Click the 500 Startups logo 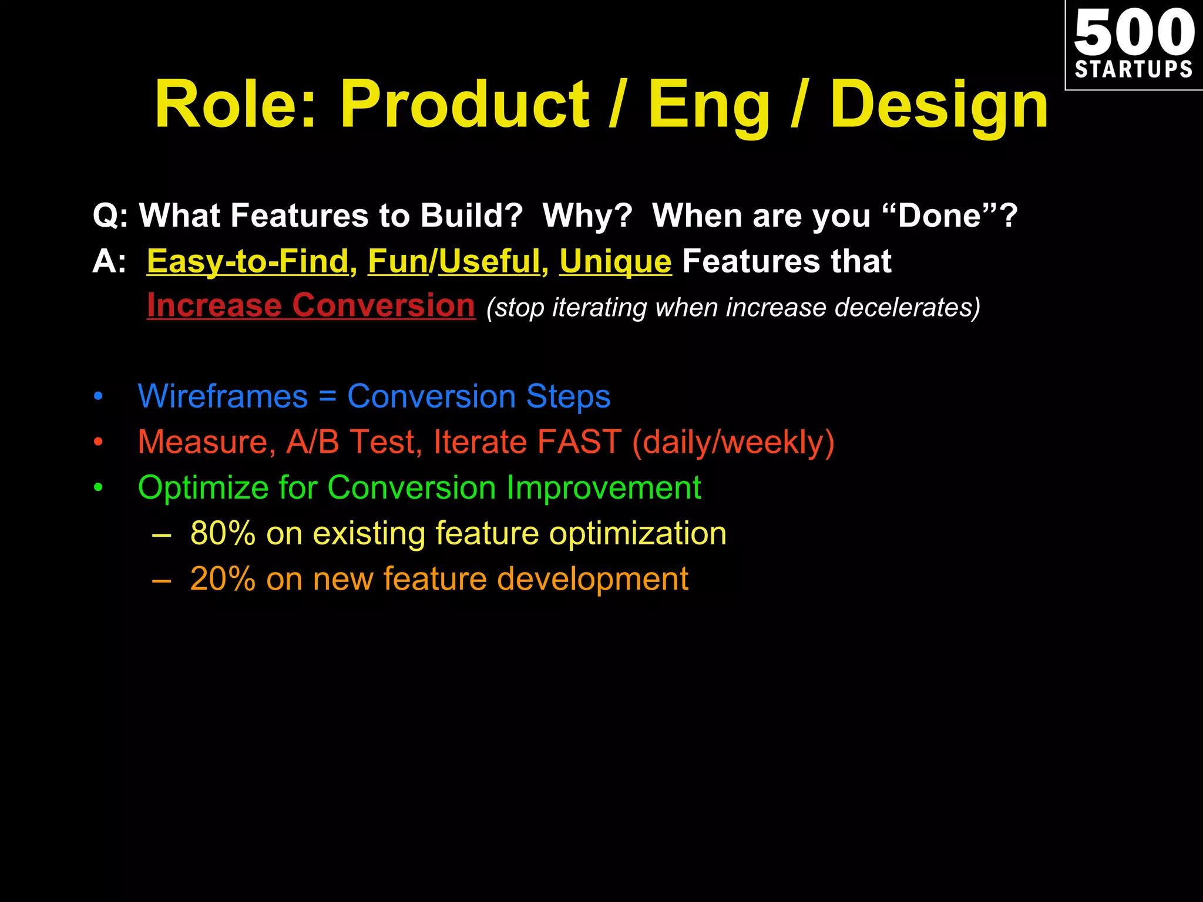1134,45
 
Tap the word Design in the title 939,106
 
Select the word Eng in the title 708,106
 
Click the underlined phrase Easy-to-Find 248,261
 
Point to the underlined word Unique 615,261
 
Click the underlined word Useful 489,261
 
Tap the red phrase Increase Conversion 311,305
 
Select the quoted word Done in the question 940,216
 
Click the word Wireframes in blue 223,396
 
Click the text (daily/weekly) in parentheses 732,442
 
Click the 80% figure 223,533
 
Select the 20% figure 223,579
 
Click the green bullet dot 98,488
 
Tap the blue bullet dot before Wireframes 98,397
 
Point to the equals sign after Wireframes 327,397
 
